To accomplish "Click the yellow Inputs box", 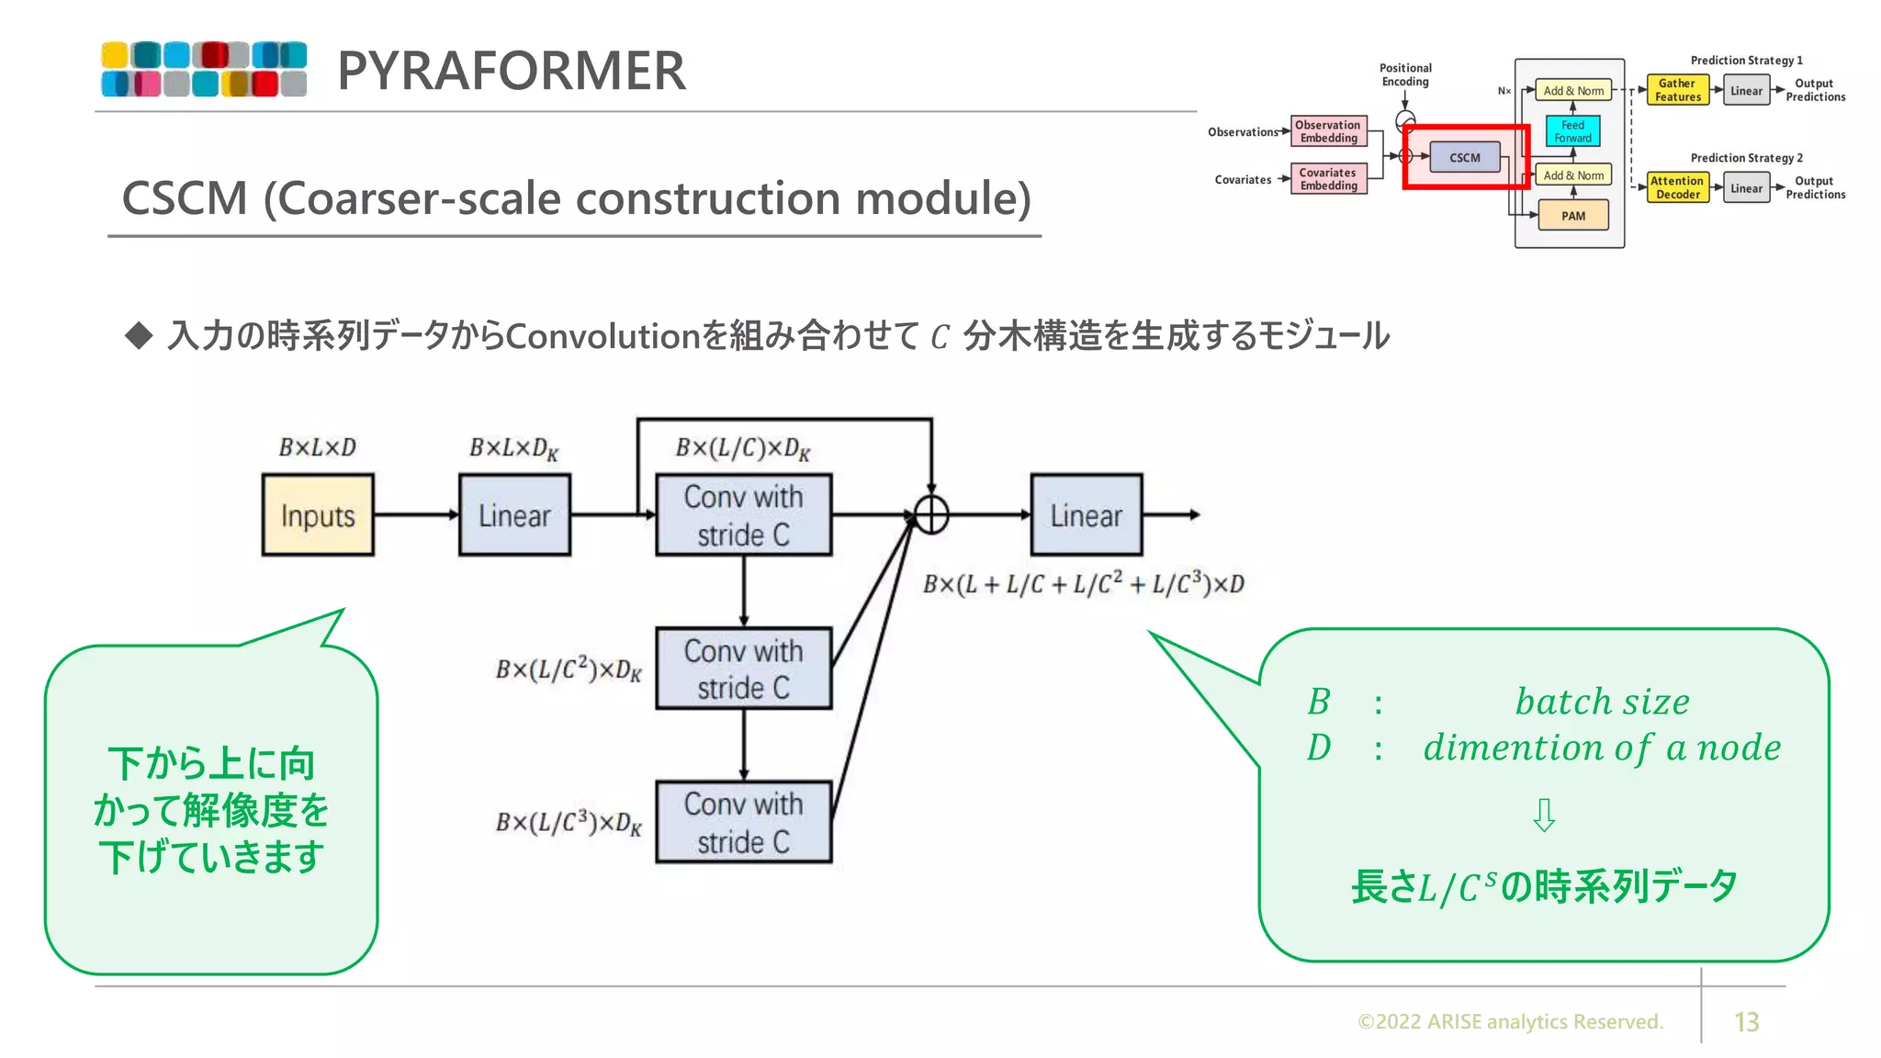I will [x=318, y=515].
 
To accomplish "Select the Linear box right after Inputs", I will [x=514, y=515].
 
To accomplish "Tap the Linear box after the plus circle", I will [x=1086, y=515].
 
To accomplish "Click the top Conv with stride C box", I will [x=743, y=515].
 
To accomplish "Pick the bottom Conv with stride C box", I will [x=743, y=822].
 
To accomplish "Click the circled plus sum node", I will [x=931, y=515].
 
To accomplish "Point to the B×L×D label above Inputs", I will [x=318, y=447].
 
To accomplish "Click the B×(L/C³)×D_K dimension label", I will [x=569, y=822].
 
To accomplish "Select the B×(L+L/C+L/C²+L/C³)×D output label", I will [x=1084, y=584].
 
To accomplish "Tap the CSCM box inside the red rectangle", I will [x=1464, y=157].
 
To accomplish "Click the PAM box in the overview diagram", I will [x=1572, y=216].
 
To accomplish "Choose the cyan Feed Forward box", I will [x=1572, y=131].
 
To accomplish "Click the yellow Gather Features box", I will [x=1677, y=90].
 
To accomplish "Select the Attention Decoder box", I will [x=1677, y=187].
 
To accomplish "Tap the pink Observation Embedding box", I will [x=1328, y=131].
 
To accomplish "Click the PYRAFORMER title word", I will [x=512, y=71].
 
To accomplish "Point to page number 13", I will [x=1746, y=1022].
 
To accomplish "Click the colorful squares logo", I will [x=204, y=69].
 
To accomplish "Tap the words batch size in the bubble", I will [x=1602, y=702].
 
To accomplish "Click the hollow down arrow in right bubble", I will [x=1544, y=815].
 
